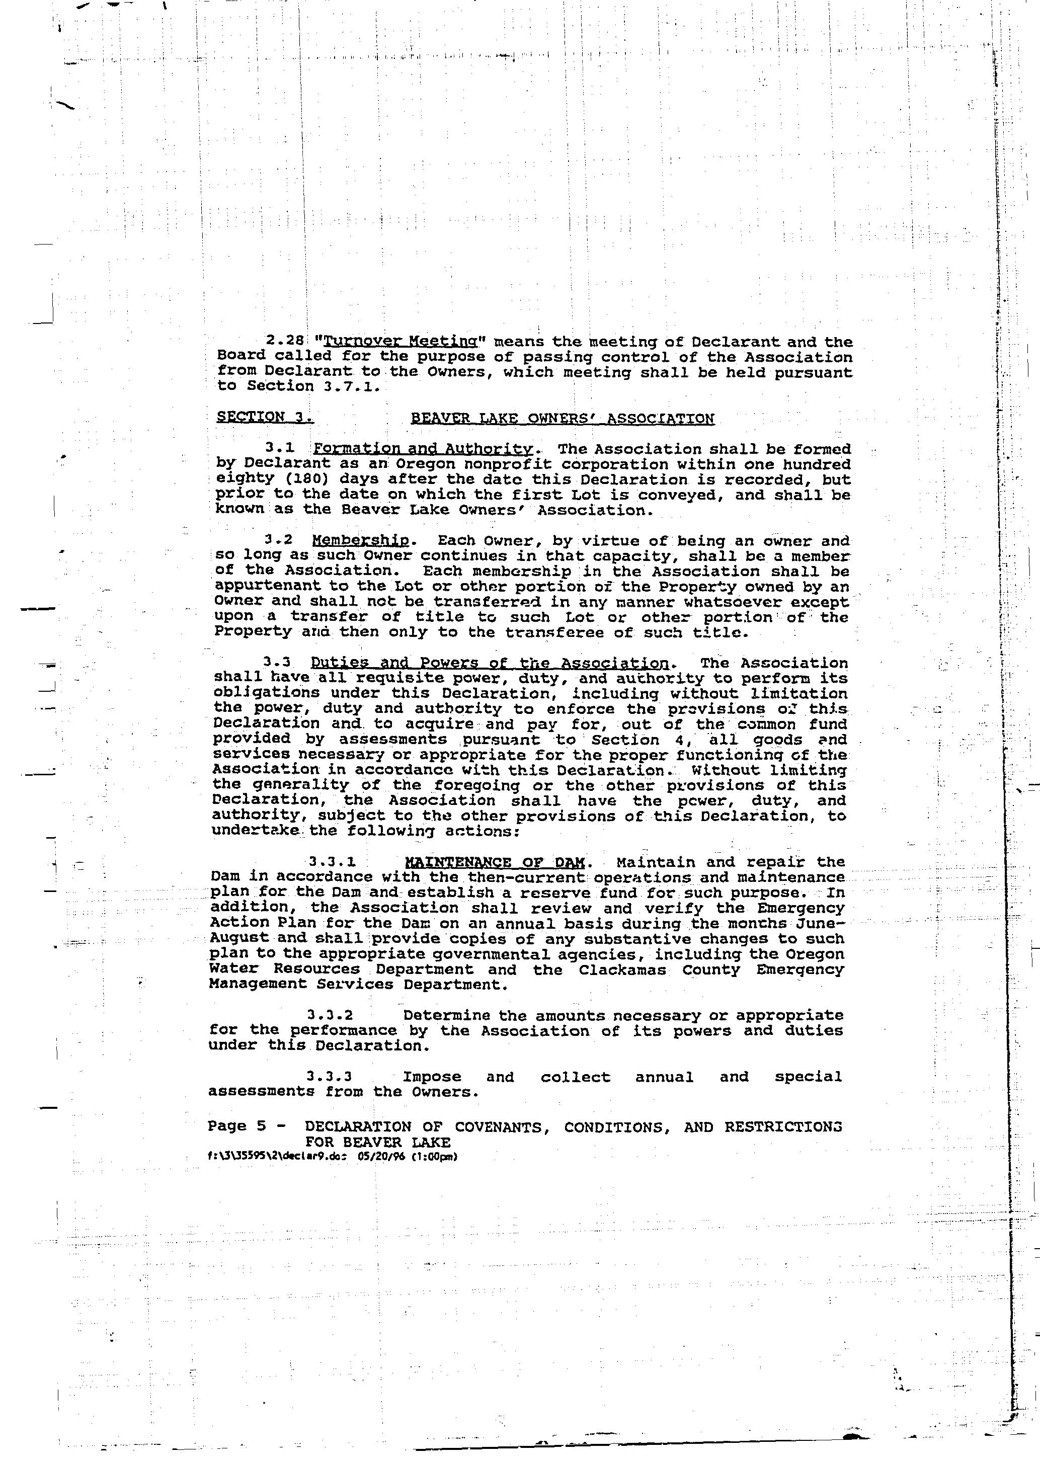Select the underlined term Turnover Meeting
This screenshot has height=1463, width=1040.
pyautogui.click(x=369, y=342)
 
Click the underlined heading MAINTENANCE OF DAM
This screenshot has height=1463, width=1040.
pyautogui.click(x=495, y=862)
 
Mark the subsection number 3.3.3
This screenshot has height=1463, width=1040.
pyautogui.click(x=330, y=1077)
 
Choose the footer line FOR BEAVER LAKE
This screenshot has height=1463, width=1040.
pyautogui.click(x=378, y=1142)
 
